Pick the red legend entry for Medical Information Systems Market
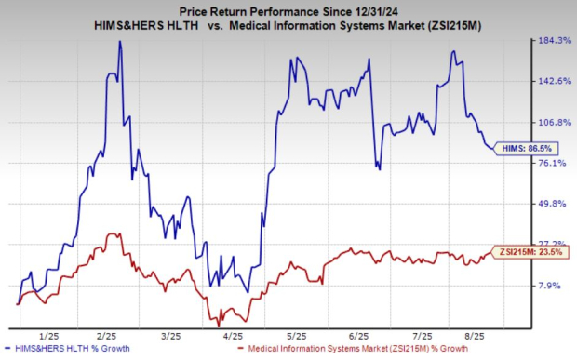tap(338, 349)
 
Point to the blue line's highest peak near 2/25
tap(119, 42)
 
